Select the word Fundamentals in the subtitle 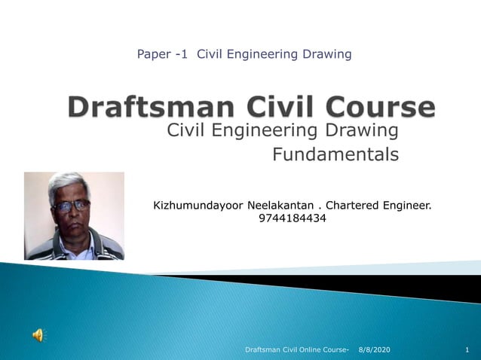pyautogui.click(x=335, y=155)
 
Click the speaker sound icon pyautogui.click(x=38, y=335)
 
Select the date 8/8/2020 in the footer pyautogui.click(x=375, y=350)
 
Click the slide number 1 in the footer pyautogui.click(x=467, y=350)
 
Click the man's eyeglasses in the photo pyautogui.click(x=71, y=205)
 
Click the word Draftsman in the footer pyautogui.click(x=265, y=350)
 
